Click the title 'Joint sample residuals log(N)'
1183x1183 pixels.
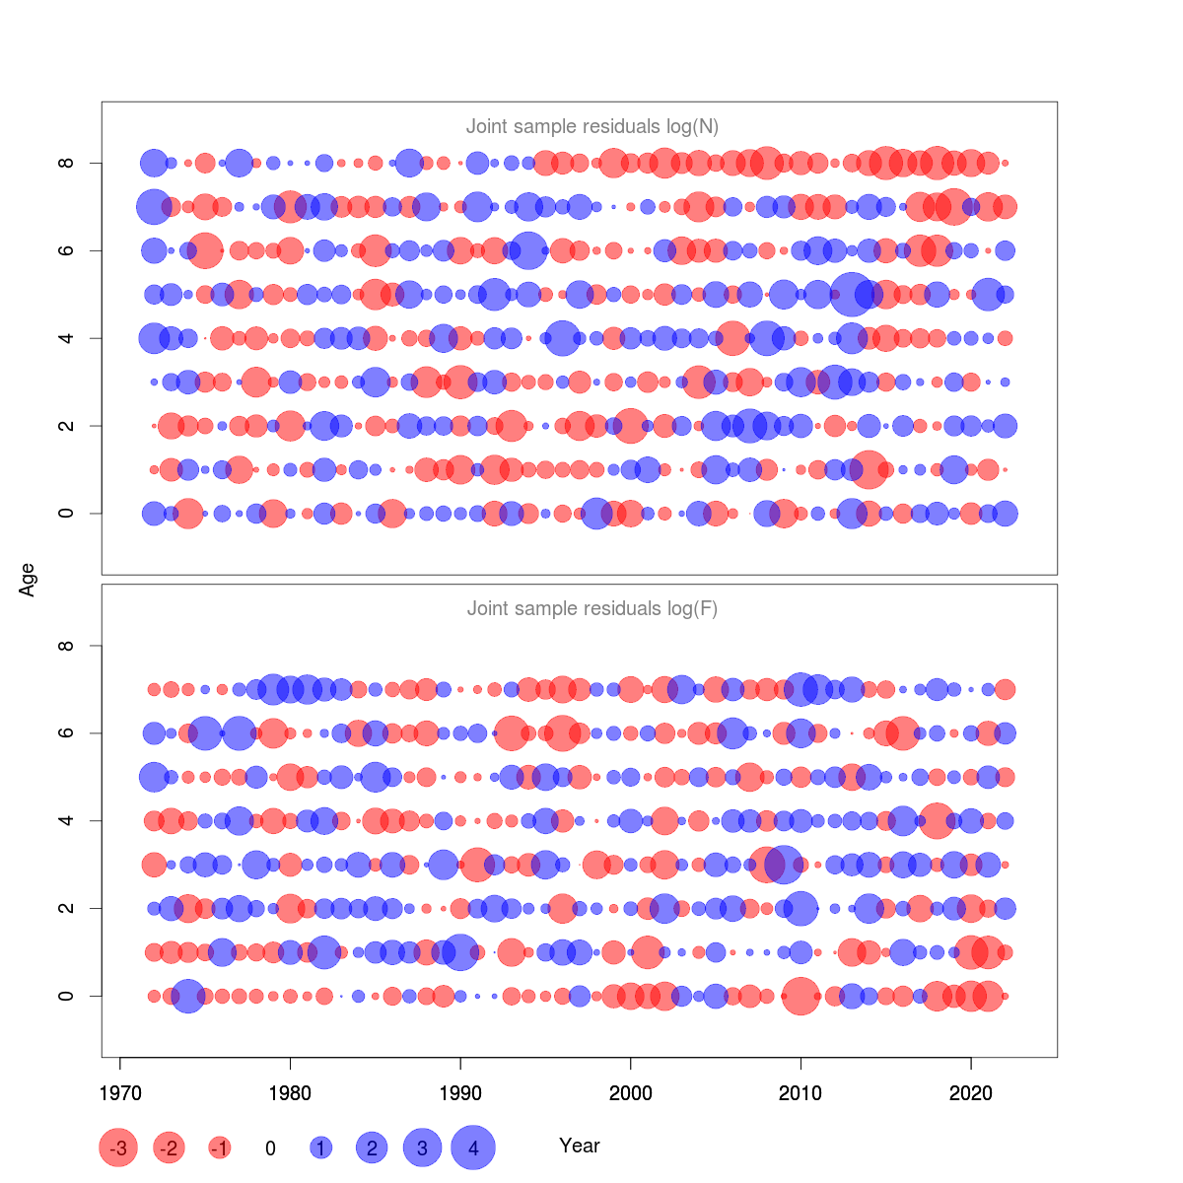(591, 126)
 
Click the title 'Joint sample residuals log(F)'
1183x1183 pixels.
(591, 608)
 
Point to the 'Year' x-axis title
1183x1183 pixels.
(579, 1146)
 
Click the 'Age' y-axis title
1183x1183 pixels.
(28, 580)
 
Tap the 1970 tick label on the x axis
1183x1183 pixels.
(119, 1093)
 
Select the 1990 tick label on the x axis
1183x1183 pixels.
(460, 1093)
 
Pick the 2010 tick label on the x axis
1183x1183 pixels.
(800, 1093)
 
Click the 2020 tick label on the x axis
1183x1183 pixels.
(971, 1093)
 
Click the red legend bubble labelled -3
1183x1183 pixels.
(118, 1148)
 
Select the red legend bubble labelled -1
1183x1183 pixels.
(220, 1148)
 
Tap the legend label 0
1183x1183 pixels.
(270, 1148)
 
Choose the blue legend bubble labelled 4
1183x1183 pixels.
(473, 1148)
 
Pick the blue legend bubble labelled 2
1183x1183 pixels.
(372, 1148)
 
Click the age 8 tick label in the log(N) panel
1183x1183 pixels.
(66, 163)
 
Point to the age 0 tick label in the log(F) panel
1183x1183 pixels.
(66, 996)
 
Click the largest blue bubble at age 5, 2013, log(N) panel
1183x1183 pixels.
(852, 294)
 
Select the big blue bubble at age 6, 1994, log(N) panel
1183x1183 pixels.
(528, 250)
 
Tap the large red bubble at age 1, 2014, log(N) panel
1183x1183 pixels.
(869, 469)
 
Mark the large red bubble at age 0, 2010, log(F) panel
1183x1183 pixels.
(800, 996)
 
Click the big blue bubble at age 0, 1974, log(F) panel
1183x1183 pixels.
(187, 996)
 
